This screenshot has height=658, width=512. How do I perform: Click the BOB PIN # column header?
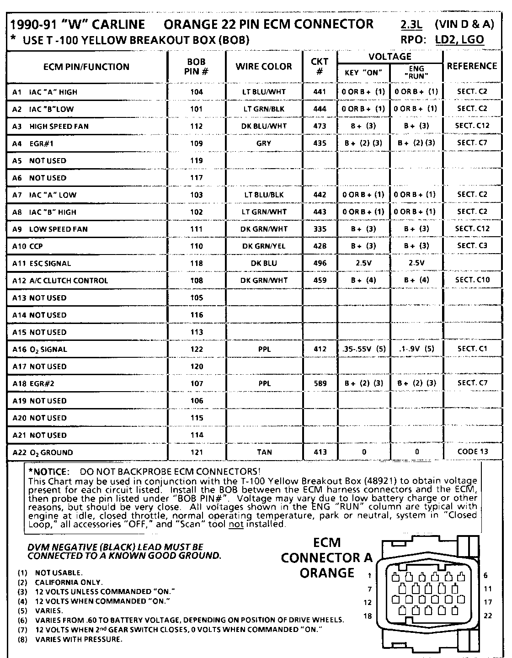point(197,66)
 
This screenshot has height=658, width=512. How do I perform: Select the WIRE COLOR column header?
point(264,66)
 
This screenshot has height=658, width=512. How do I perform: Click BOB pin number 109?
point(197,143)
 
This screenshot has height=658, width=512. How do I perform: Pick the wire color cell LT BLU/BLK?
point(264,195)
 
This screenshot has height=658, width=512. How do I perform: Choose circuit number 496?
point(320,263)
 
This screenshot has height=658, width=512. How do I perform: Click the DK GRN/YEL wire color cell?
point(264,246)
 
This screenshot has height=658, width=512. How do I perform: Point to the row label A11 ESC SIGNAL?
point(42,264)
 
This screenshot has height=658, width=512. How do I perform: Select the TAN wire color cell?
point(264,452)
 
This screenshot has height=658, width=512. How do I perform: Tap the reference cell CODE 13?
point(472,451)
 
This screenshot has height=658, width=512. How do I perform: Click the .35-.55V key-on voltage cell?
point(363,349)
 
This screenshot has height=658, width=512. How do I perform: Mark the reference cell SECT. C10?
point(472,280)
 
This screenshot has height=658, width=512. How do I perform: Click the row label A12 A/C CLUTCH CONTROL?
point(60,281)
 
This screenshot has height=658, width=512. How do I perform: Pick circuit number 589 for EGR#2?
point(320,383)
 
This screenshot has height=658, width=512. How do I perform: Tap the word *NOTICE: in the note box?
point(48,472)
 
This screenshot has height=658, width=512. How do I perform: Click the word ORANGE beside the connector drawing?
point(327,573)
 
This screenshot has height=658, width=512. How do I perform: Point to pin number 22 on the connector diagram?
point(488,616)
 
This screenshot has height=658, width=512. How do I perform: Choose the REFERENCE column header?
point(472,66)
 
